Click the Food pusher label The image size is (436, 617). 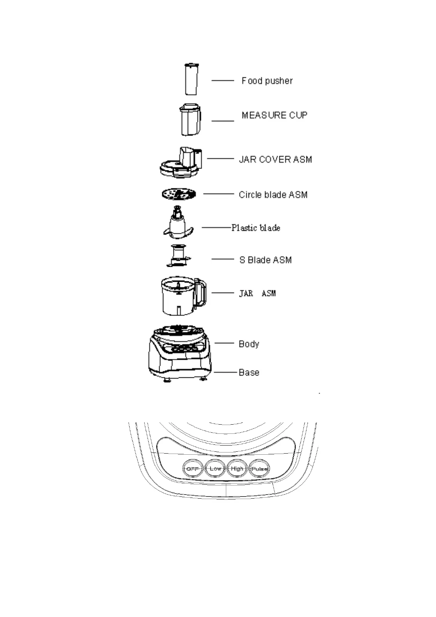point(267,81)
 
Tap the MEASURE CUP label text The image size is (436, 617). point(274,115)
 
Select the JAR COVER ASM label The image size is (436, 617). point(275,159)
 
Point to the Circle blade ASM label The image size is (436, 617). point(273,195)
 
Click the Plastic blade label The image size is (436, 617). point(256,228)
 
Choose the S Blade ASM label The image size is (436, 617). point(265,260)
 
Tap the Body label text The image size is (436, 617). point(249,344)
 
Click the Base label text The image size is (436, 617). point(249,373)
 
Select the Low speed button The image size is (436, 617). point(215,469)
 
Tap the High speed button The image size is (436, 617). point(237,469)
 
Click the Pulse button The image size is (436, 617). point(259,469)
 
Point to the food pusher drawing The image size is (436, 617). point(191,79)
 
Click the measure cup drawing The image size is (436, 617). point(190,120)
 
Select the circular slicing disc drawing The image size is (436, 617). point(179,194)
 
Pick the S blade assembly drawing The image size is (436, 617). point(178,256)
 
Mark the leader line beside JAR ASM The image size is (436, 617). point(223,293)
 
